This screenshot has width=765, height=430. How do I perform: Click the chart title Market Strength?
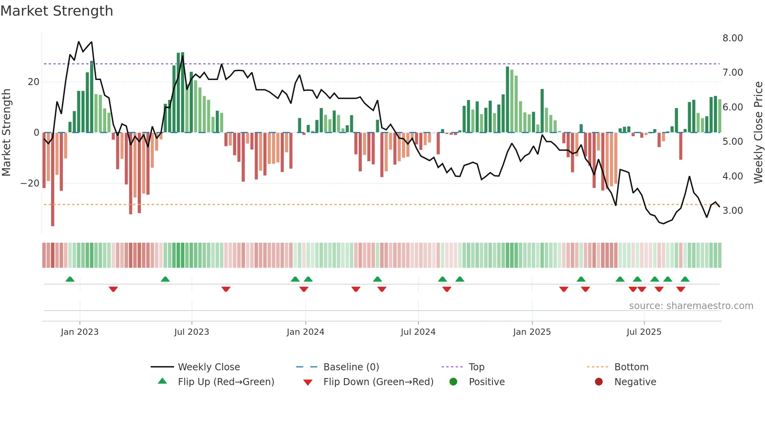[x=57, y=11]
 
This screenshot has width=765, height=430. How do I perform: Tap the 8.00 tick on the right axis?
[x=733, y=38]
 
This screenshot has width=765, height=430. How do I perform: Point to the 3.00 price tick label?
[x=733, y=211]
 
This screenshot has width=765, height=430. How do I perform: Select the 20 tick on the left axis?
[x=34, y=82]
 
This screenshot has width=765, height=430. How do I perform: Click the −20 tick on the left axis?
[x=30, y=183]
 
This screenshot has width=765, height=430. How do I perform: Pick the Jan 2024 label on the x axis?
[x=305, y=332]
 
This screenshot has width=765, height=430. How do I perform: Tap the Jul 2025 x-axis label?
[x=644, y=332]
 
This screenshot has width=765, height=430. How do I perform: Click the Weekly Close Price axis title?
[x=758, y=132]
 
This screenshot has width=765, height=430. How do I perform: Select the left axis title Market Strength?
[x=7, y=132]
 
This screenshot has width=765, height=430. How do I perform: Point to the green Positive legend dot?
[x=453, y=382]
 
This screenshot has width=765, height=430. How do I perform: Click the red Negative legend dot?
[x=599, y=382]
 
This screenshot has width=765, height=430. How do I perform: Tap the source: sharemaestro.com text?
[x=691, y=306]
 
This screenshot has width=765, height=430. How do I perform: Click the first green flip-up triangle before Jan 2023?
[x=70, y=279]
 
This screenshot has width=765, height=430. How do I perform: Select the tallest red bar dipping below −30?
[x=53, y=179]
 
